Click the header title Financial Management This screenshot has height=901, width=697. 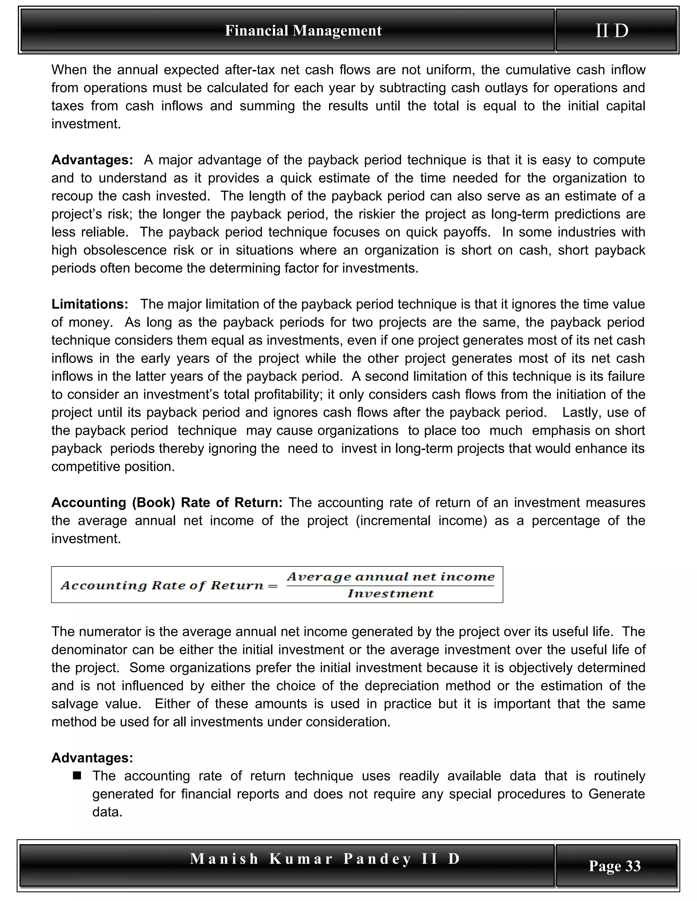point(303,31)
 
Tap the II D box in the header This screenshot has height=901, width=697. point(612,31)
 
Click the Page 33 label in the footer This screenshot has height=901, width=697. point(614,866)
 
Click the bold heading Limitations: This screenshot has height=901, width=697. point(90,304)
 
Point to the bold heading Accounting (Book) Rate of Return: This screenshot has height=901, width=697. point(167,503)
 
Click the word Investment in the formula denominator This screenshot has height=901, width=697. point(390,594)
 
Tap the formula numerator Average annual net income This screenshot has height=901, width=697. point(390,576)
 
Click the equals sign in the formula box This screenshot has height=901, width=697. point(273,586)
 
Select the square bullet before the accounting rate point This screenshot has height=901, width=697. point(77,776)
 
